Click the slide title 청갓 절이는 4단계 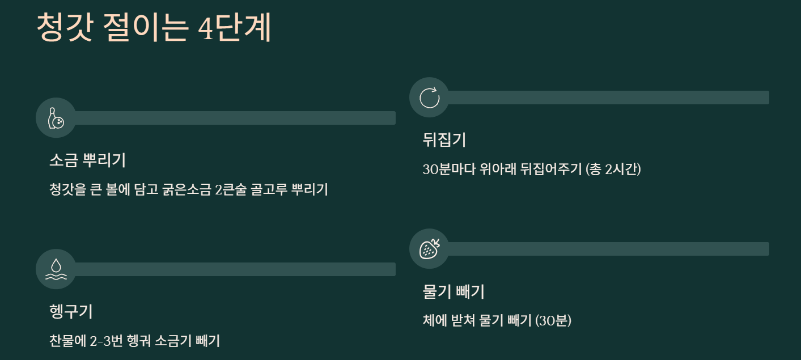click(154, 28)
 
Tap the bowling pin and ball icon click(56, 118)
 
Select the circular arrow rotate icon click(429, 98)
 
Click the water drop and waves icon click(56, 269)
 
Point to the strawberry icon click(429, 249)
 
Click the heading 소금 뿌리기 click(88, 160)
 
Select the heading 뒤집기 click(444, 139)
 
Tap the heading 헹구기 click(71, 312)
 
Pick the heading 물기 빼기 click(454, 292)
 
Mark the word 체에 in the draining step click(433, 320)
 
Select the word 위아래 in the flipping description click(499, 169)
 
